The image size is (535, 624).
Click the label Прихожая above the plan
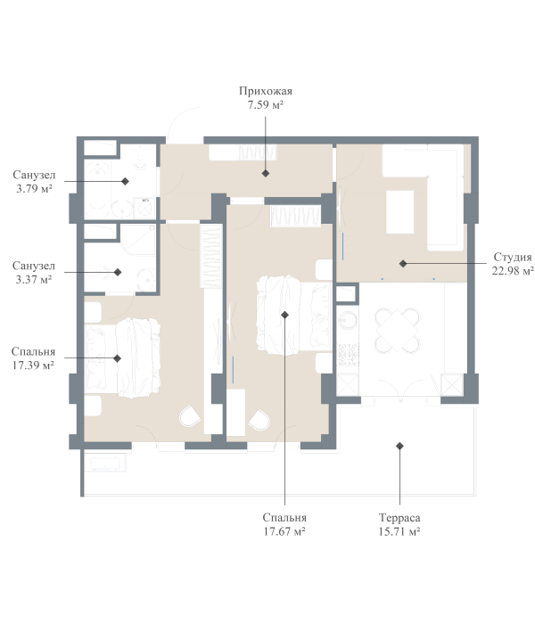[266, 91]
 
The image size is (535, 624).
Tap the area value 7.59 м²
[266, 104]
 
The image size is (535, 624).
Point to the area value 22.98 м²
[512, 271]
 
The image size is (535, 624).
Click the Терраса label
[399, 518]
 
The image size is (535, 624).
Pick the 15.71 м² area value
[399, 531]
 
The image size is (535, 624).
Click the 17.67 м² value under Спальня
[284, 531]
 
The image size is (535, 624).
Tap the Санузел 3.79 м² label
[34, 176]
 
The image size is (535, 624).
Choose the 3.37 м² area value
[34, 279]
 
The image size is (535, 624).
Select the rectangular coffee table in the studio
[399, 213]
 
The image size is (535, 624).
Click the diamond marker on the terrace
[400, 446]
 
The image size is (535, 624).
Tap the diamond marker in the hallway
[266, 174]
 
